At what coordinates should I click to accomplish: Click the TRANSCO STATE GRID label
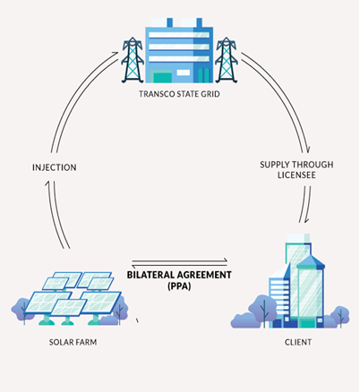(179, 94)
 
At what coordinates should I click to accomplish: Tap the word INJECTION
(55, 167)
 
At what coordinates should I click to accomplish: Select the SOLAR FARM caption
(73, 342)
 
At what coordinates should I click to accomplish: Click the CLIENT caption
(298, 342)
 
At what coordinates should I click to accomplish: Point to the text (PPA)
(179, 286)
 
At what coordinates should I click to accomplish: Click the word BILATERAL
(150, 275)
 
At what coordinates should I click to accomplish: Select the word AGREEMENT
(203, 275)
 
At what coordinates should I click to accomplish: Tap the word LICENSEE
(296, 175)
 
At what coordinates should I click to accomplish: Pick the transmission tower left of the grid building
(133, 60)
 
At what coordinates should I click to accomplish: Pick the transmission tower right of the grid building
(227, 60)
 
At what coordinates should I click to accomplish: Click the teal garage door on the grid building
(163, 78)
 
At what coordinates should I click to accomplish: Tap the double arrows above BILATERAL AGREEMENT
(179, 263)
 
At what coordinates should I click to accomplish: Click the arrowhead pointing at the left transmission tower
(116, 54)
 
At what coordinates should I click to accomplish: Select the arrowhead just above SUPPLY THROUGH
(308, 149)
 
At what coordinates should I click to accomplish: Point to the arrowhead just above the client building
(306, 220)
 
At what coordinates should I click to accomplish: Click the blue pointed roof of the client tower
(311, 260)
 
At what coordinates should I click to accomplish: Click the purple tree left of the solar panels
(21, 311)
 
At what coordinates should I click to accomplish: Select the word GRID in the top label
(211, 94)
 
